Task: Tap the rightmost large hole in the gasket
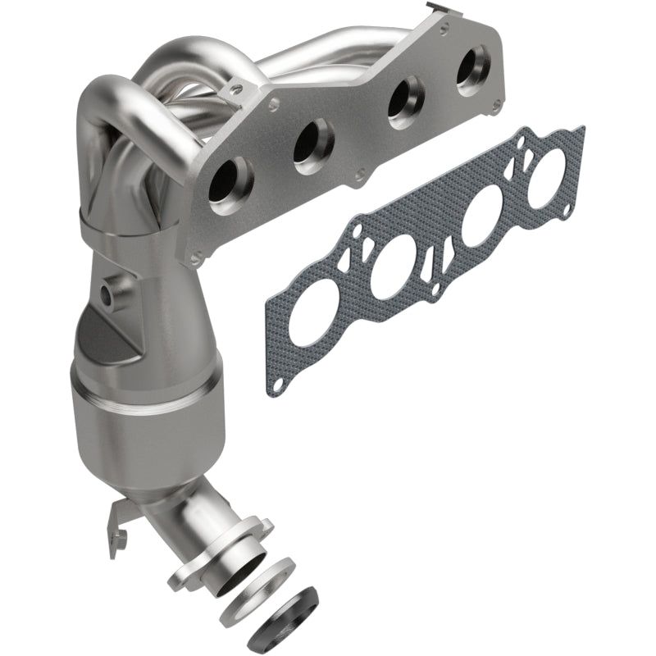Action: pyautogui.click(x=546, y=177)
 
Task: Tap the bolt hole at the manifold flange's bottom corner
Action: pyautogui.click(x=195, y=260)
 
